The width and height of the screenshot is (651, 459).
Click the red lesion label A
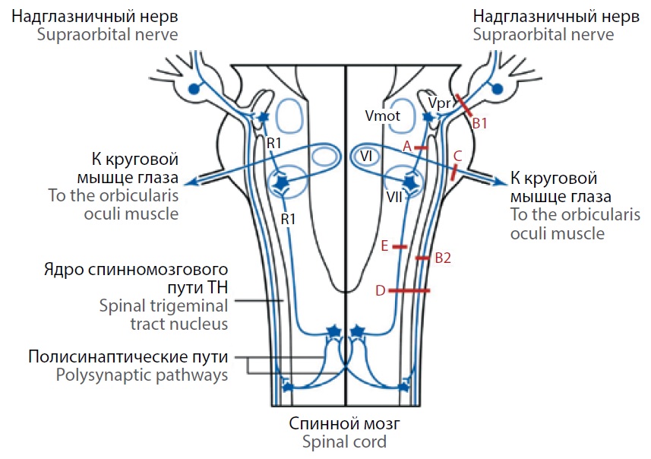[407, 144]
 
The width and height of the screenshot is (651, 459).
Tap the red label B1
[479, 122]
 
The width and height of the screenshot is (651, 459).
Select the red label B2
[443, 258]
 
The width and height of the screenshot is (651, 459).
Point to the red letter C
[457, 156]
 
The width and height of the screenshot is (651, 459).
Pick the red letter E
[384, 245]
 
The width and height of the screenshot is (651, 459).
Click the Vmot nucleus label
[381, 116]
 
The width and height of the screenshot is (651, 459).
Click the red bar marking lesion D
[410, 290]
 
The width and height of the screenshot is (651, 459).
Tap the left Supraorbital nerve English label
[93, 35]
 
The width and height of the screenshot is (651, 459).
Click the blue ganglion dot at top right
[498, 89]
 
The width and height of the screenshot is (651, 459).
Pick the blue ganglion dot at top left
[194, 89]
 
